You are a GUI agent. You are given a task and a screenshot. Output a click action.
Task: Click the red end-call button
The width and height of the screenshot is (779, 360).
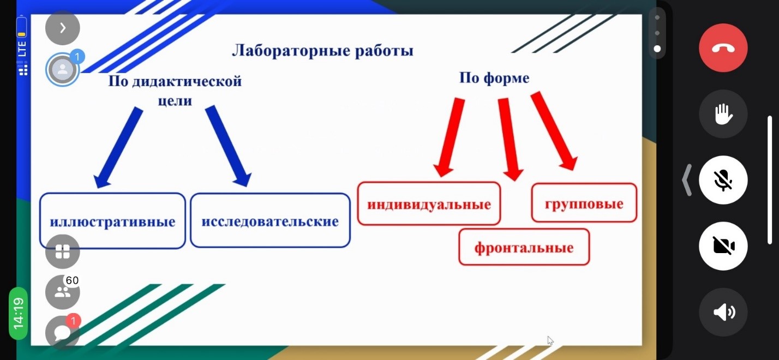[723, 48]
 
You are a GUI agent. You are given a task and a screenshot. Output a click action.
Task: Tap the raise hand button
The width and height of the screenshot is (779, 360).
[723, 114]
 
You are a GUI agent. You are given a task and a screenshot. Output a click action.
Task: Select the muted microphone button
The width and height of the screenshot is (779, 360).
[723, 180]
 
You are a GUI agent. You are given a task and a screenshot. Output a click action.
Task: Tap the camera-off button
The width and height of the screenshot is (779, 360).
[723, 246]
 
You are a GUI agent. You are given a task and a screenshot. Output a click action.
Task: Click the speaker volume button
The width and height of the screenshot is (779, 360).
[723, 312]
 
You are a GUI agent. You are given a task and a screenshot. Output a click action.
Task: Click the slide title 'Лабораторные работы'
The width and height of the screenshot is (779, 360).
[323, 51]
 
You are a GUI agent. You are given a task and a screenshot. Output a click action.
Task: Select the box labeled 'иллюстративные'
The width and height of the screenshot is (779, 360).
[112, 221]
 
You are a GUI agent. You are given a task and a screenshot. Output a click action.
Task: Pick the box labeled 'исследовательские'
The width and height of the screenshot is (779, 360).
[270, 220]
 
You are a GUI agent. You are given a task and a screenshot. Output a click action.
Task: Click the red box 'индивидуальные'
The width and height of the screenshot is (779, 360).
[429, 203]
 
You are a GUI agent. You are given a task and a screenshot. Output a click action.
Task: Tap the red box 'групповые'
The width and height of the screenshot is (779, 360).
[584, 203]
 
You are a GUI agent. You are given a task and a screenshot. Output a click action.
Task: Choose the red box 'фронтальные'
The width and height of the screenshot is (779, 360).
[524, 247]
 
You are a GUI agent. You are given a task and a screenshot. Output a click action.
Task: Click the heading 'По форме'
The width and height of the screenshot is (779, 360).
[494, 78]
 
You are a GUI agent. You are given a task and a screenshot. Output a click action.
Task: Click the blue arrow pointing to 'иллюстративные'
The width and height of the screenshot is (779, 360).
[118, 148]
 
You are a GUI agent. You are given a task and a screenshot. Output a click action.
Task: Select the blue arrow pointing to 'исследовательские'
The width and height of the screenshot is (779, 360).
[228, 146]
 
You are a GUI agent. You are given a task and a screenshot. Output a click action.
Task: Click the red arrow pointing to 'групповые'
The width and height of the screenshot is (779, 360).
[554, 131]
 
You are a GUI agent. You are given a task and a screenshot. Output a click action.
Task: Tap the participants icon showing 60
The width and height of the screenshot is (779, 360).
[63, 292]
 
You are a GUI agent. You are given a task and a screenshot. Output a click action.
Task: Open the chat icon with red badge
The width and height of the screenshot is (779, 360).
[63, 332]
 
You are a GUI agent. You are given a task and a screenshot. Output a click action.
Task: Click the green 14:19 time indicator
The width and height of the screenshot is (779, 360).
[18, 314]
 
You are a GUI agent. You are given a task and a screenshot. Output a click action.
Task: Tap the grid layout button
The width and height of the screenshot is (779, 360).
[63, 251]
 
